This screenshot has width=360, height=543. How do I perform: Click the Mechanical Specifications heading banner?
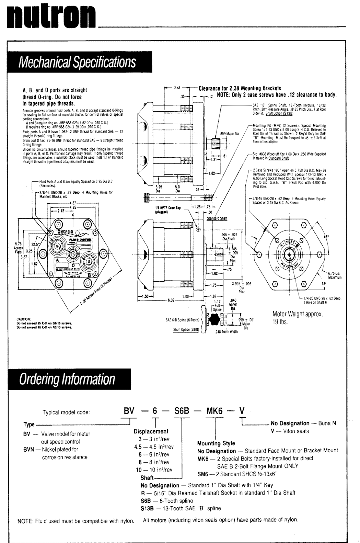click(x=78, y=62)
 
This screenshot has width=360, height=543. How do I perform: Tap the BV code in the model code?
click(x=129, y=411)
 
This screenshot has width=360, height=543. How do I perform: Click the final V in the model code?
click(x=242, y=411)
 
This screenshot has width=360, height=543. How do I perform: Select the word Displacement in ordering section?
click(x=151, y=431)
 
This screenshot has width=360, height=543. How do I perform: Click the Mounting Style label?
click(x=216, y=443)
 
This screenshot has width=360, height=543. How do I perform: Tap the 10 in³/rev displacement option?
click(x=154, y=470)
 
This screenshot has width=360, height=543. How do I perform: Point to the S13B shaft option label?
click(x=148, y=508)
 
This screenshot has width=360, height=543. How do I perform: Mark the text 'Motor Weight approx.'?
click(x=298, y=314)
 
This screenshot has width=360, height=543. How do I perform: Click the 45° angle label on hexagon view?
click(x=326, y=237)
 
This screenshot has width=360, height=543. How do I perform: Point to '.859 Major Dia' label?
click(x=230, y=134)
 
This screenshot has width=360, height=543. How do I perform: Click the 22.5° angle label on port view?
click(x=36, y=244)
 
